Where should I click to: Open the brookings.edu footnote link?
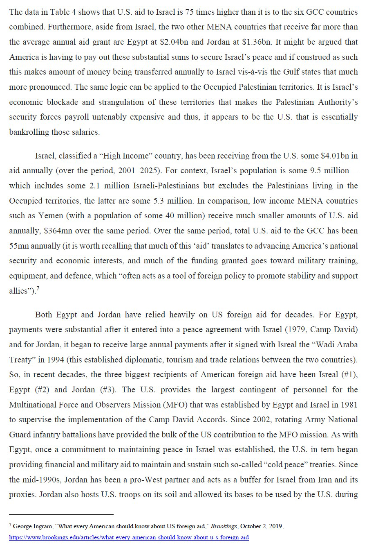tap(129, 537)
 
